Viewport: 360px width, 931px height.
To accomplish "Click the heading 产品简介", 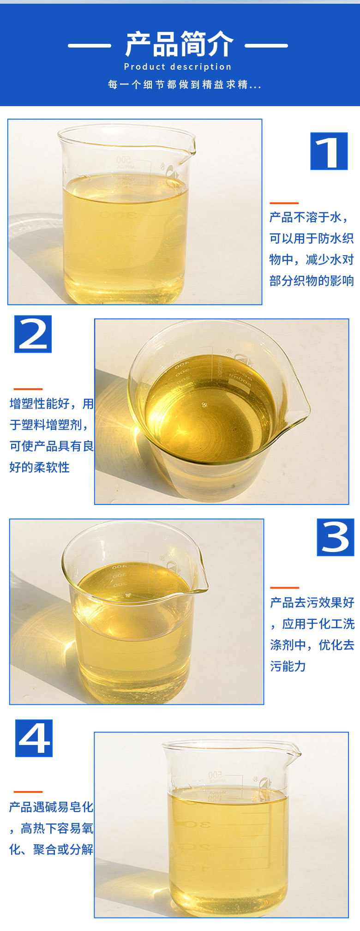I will pyautogui.click(x=179, y=45).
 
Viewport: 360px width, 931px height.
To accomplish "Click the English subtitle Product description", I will pyautogui.click(x=178, y=67).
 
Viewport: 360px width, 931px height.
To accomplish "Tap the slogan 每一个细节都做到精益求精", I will pyautogui.click(x=184, y=84).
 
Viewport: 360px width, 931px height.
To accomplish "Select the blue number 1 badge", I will pyautogui.click(x=329, y=151).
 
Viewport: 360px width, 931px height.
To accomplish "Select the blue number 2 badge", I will pyautogui.click(x=33, y=334).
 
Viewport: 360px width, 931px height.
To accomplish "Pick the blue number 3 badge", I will pyautogui.click(x=335, y=537).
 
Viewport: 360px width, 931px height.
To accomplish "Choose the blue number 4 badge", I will pyautogui.click(x=34, y=738).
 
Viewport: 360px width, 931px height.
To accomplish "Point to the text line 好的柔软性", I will pyautogui.click(x=39, y=467).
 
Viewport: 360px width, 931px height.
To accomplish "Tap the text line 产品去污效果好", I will pyautogui.click(x=312, y=602).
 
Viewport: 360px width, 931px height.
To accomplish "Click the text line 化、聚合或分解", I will pyautogui.click(x=51, y=849).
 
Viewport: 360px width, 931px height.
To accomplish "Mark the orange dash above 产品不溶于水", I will pyautogui.click(x=284, y=203).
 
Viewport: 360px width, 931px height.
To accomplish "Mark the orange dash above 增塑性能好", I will pyautogui.click(x=28, y=389).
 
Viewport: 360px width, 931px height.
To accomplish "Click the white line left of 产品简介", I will pyautogui.click(x=90, y=45).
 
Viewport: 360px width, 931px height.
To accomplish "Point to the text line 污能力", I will pyautogui.click(x=288, y=666).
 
